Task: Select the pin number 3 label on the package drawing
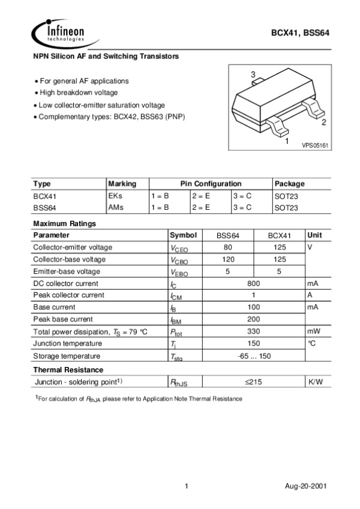coord(253,75)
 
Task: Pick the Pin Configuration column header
coord(210,183)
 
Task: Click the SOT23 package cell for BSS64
coord(286,207)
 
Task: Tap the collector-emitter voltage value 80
coord(228,247)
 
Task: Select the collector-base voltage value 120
coord(228,259)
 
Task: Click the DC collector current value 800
coord(253,283)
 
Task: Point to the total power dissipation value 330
coord(253,331)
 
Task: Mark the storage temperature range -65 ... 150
coord(253,356)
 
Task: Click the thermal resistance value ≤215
coord(253,381)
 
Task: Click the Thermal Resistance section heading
coord(68,369)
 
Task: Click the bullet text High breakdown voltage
coord(78,92)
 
